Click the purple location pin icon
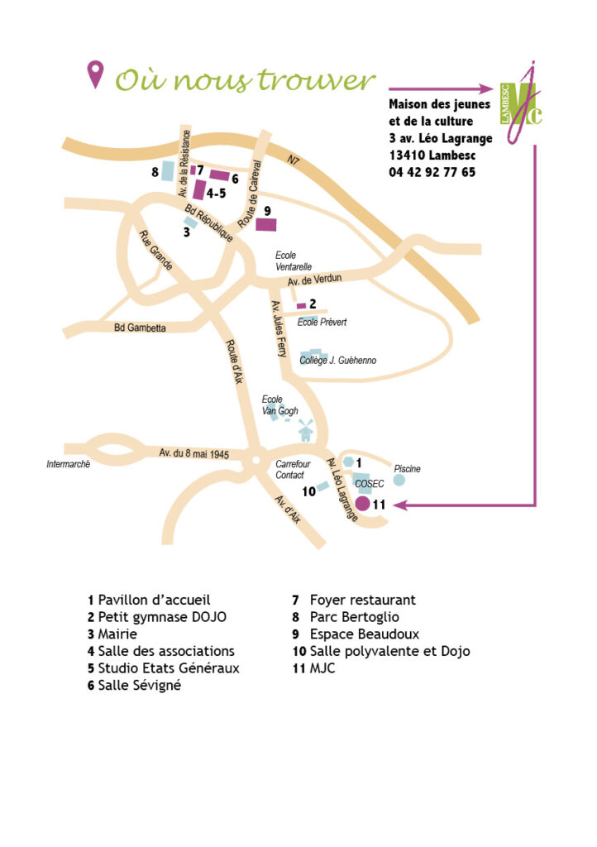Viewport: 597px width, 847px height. pyautogui.click(x=96, y=74)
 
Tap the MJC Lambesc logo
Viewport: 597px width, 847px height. pyautogui.click(x=521, y=103)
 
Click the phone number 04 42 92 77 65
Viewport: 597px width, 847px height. pyautogui.click(x=432, y=172)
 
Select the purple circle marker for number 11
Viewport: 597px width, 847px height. pyautogui.click(x=363, y=504)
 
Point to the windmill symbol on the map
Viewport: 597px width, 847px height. pyautogui.click(x=305, y=429)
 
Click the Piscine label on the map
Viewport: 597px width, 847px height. pyautogui.click(x=407, y=469)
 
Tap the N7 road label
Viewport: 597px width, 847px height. pyautogui.click(x=293, y=160)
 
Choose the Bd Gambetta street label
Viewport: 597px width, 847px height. pyautogui.click(x=140, y=328)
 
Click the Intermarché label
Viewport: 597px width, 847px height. pyautogui.click(x=68, y=464)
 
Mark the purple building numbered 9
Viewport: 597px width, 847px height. pyautogui.click(x=266, y=224)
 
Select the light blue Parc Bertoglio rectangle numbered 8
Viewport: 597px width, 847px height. pyautogui.click(x=168, y=170)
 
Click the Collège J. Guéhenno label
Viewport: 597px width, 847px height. pyautogui.click(x=338, y=361)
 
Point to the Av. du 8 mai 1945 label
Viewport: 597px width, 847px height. pyautogui.click(x=193, y=453)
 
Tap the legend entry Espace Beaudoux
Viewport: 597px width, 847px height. pyautogui.click(x=356, y=634)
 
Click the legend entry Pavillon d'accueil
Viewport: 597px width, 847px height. pyautogui.click(x=149, y=600)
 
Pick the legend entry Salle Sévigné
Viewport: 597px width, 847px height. pyautogui.click(x=135, y=686)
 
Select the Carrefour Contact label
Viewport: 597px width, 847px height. pyautogui.click(x=293, y=470)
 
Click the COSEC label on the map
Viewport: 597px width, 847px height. pyautogui.click(x=370, y=483)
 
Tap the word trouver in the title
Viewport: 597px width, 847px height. pyautogui.click(x=316, y=80)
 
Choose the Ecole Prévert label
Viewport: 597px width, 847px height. pyautogui.click(x=322, y=322)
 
